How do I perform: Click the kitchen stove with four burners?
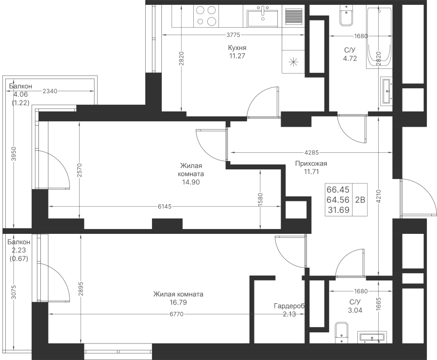206,16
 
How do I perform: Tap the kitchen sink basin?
263,18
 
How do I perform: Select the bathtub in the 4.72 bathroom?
379,38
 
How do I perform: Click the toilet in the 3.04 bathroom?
342,333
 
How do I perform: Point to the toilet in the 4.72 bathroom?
346,16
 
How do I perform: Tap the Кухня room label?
237,48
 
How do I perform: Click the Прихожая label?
311,164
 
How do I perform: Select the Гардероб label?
289,306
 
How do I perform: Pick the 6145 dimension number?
165,206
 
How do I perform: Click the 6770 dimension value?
177,314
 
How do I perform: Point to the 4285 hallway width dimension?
312,152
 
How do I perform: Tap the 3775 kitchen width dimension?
233,35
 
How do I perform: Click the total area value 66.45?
338,190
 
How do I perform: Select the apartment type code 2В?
360,199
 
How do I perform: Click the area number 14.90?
191,182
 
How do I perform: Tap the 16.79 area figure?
178,302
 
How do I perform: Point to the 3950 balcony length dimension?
14,154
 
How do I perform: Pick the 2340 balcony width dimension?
50,91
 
